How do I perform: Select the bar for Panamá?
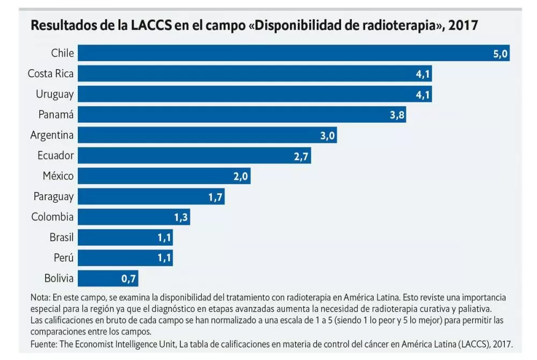click(x=242, y=114)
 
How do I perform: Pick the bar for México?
click(x=164, y=176)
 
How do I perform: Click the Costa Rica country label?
click(x=50, y=74)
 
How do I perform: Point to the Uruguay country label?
click(x=55, y=94)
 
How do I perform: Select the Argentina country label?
click(x=52, y=135)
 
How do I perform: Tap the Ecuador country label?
click(x=55, y=156)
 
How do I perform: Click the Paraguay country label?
click(x=53, y=197)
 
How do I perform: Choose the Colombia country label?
click(x=52, y=217)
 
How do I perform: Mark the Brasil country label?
click(x=61, y=237)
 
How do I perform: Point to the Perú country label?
click(x=63, y=258)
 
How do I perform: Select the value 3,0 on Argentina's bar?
click(x=328, y=135)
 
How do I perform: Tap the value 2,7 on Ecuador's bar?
click(x=301, y=156)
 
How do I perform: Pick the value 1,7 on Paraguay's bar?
click(x=215, y=197)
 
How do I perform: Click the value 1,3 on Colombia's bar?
click(x=181, y=217)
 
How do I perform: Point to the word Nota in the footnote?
click(x=40, y=297)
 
